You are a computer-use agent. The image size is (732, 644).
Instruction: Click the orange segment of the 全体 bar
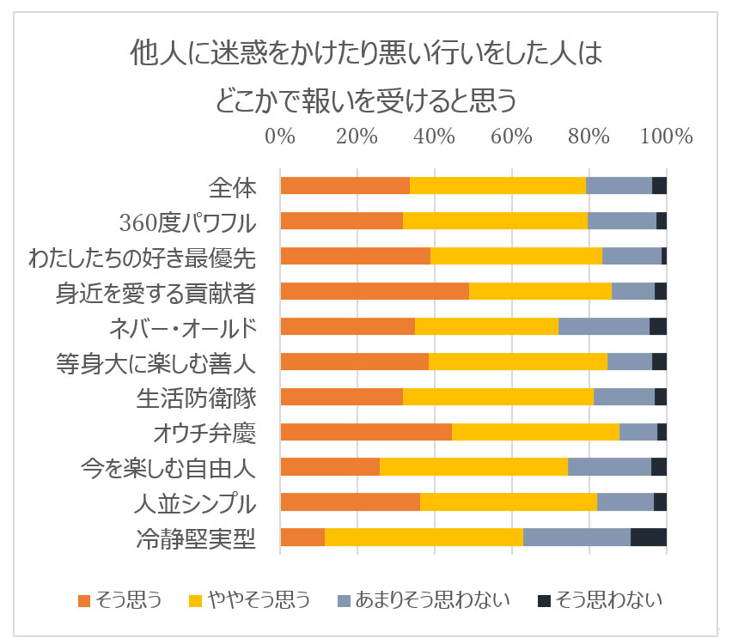pyautogui.click(x=345, y=185)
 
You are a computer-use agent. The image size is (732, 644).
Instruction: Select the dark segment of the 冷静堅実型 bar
pyautogui.click(x=649, y=538)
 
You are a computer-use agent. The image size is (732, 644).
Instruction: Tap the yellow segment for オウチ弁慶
pyautogui.click(x=535, y=432)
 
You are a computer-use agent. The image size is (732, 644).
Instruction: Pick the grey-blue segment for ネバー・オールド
pyautogui.click(x=604, y=326)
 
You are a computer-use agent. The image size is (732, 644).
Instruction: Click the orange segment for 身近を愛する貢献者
pyautogui.click(x=375, y=291)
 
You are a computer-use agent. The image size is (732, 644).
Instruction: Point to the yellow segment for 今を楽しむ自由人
pyautogui.click(x=473, y=467)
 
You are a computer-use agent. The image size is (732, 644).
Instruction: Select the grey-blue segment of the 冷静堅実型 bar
pyautogui.click(x=576, y=538)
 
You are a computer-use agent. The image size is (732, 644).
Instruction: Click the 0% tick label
pyautogui.click(x=280, y=137)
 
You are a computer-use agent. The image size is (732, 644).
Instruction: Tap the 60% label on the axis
pyautogui.click(x=512, y=137)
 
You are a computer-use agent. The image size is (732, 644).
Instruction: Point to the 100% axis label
pyautogui.click(x=666, y=137)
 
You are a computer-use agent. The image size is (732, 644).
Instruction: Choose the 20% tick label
pyautogui.click(x=357, y=137)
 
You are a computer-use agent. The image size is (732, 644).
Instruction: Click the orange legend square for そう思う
pyautogui.click(x=84, y=599)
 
